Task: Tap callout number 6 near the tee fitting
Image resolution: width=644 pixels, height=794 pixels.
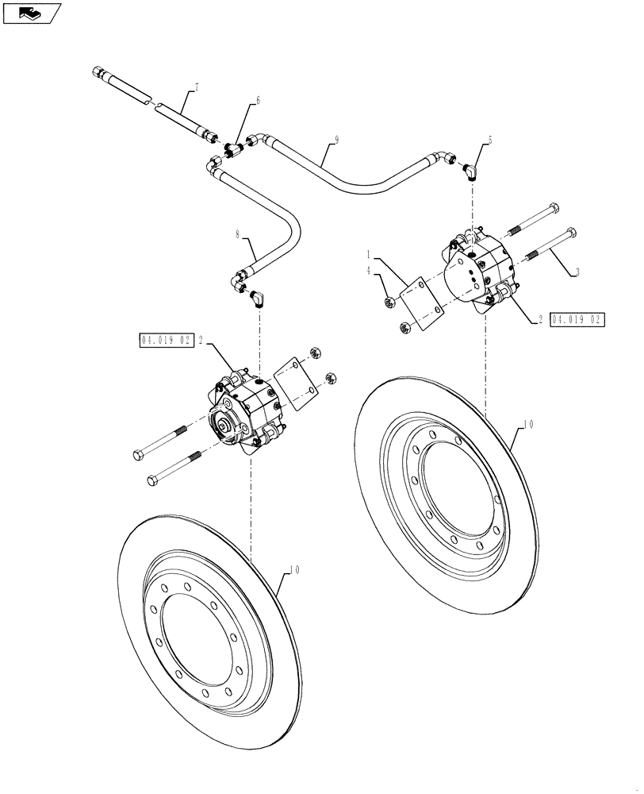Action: pos(256,101)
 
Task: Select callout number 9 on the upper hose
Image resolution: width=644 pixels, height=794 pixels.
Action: pos(336,140)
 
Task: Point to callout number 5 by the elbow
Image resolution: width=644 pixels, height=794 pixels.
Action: pos(490,140)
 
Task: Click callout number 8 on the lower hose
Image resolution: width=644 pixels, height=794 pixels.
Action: pos(236,234)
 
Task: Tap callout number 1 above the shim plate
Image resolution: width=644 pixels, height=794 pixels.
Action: pos(370,253)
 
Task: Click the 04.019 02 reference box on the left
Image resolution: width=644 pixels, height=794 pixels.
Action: pos(167,340)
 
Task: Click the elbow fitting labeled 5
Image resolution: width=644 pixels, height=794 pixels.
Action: pos(470,172)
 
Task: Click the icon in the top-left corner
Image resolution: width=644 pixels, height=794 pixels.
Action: pos(31,12)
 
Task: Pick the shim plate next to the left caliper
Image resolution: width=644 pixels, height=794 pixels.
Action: pos(297,384)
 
